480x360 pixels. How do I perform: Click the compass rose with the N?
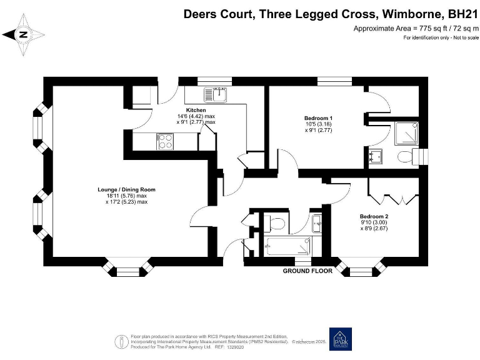(x=22, y=35)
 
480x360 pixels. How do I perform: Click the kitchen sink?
(x=214, y=95)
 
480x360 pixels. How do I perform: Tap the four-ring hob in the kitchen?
(x=165, y=142)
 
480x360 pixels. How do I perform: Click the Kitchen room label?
(x=196, y=110)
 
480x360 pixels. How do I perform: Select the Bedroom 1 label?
(x=318, y=118)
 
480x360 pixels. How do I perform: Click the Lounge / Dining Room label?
(x=126, y=189)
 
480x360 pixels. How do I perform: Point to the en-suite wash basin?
(x=375, y=156)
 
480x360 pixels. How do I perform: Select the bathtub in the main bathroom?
(x=288, y=246)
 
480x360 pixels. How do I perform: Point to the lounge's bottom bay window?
(x=128, y=269)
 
